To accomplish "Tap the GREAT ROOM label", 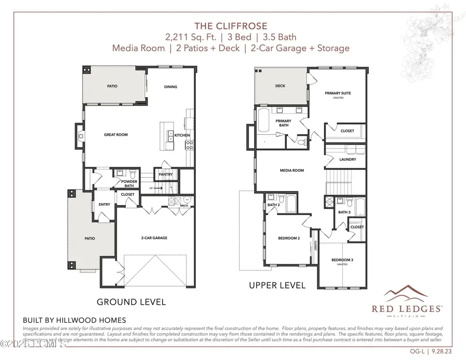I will (x=116, y=135).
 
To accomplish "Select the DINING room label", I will (x=170, y=87).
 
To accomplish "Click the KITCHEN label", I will (x=182, y=135).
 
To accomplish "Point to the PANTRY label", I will (x=165, y=175).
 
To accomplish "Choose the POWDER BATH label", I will (x=129, y=183).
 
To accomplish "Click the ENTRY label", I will (x=105, y=204).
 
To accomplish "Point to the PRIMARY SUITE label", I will (x=338, y=93).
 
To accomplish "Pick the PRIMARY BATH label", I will (x=283, y=123).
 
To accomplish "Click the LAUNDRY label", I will (x=348, y=159).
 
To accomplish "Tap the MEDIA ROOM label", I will (x=292, y=170).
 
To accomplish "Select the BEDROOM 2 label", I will (x=288, y=238).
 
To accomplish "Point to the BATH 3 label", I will (x=344, y=212).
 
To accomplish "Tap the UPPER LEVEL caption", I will (x=278, y=285).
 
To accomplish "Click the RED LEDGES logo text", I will (x=407, y=309).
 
